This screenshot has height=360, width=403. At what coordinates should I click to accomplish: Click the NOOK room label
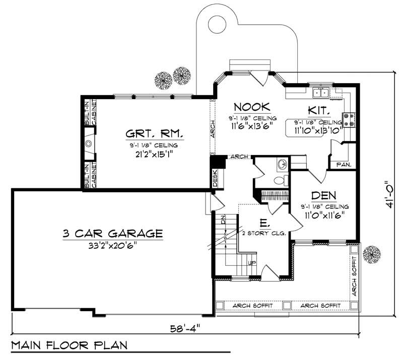pyautogui.click(x=252, y=107)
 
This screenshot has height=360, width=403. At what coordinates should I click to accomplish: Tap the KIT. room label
pyautogui.click(x=319, y=111)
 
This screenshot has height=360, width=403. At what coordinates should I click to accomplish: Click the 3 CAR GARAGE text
pyautogui.click(x=113, y=234)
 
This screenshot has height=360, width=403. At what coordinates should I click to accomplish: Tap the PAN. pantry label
pyautogui.click(x=337, y=165)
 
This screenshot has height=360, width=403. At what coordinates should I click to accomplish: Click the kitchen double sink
pyautogui.click(x=320, y=93)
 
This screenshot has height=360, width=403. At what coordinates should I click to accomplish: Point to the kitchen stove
pyautogui.click(x=349, y=119)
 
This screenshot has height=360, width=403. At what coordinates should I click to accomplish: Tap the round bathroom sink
pyautogui.click(x=282, y=164)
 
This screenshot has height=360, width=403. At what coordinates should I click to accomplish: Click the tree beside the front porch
pyautogui.click(x=372, y=253)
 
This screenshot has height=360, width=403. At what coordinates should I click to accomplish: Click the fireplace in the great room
pyautogui.click(x=89, y=143)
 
